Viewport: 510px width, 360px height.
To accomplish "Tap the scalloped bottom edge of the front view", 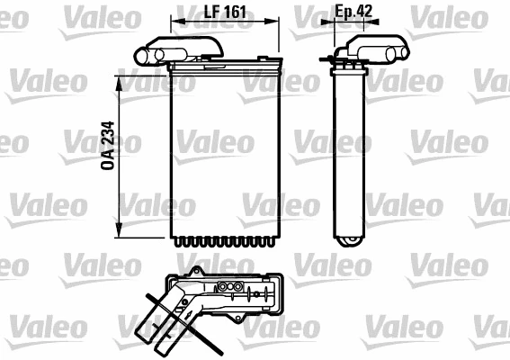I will [224, 242].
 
